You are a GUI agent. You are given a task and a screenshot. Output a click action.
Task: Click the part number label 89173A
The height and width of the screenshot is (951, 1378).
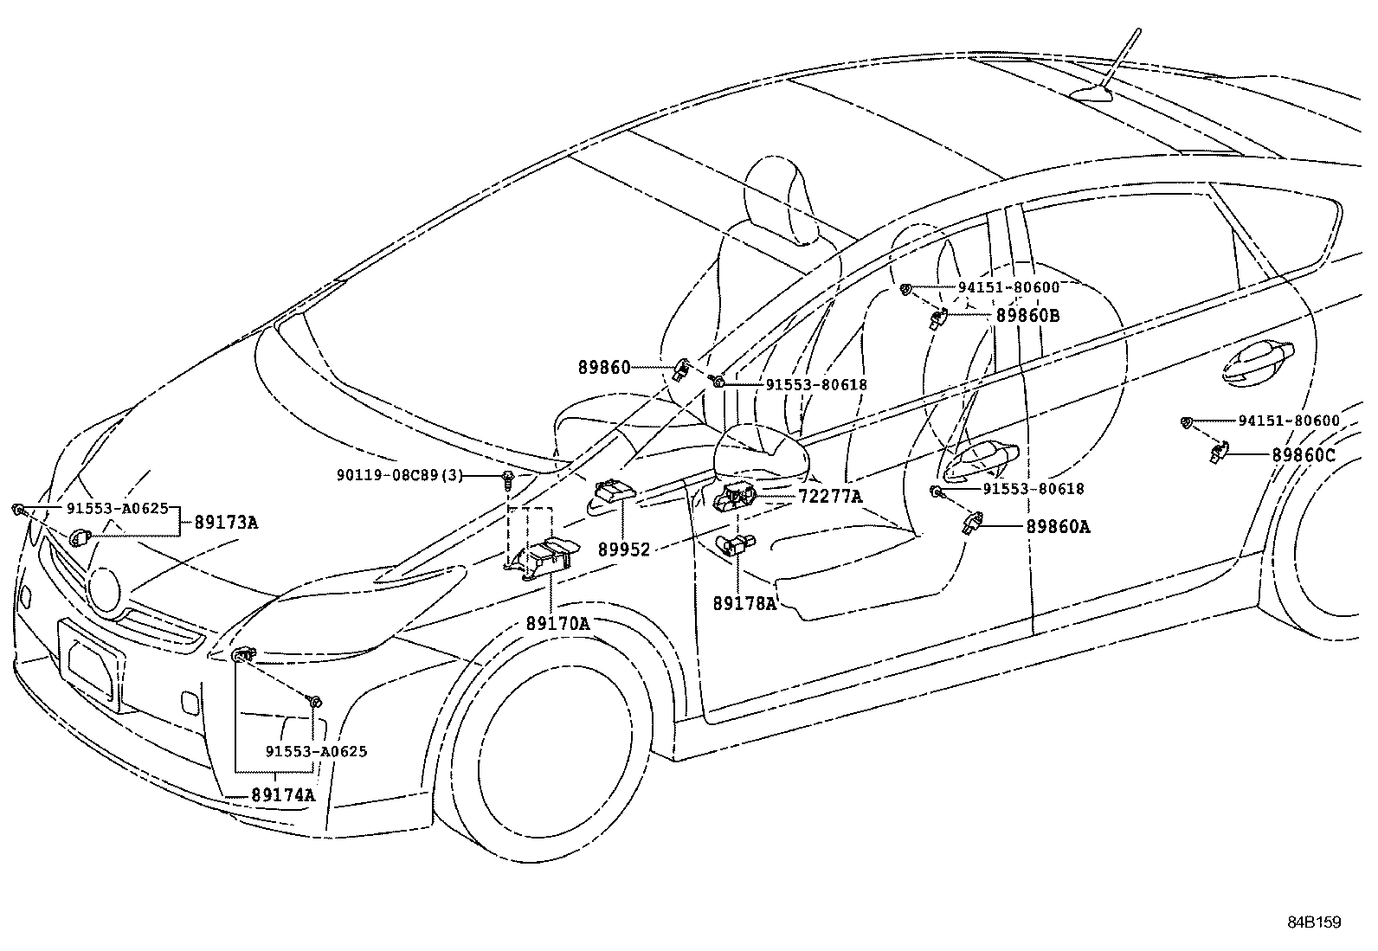tap(226, 523)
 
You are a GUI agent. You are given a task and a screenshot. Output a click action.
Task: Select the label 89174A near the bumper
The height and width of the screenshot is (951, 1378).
tap(283, 794)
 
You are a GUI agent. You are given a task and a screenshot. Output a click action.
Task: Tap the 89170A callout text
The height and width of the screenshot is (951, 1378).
tap(557, 622)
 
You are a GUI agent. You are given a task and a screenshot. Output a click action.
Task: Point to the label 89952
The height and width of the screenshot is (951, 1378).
tap(622, 549)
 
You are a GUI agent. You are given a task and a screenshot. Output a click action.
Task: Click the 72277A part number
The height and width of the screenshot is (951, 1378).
tap(830, 497)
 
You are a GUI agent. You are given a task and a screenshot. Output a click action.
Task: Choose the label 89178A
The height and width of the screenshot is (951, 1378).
tap(744, 603)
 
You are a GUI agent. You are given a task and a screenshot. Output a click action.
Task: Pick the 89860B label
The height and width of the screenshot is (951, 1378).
tap(1027, 316)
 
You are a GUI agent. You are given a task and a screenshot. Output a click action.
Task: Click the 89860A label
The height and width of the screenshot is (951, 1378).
tap(1058, 525)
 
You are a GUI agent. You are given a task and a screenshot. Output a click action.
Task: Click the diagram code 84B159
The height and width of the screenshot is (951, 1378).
tap(1313, 922)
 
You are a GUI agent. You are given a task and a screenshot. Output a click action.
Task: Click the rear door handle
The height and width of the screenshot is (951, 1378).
tap(1259, 361)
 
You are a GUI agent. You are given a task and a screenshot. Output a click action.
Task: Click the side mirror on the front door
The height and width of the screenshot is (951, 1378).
tap(762, 454)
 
